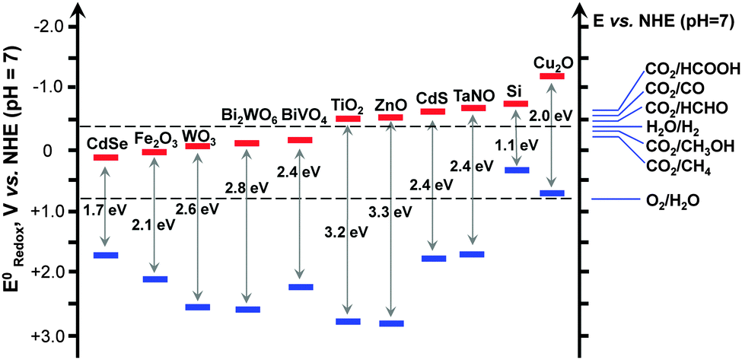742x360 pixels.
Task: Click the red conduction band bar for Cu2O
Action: (551, 76)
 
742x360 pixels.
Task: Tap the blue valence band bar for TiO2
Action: (347, 321)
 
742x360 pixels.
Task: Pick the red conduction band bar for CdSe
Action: (106, 158)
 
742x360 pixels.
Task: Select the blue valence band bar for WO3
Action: (198, 307)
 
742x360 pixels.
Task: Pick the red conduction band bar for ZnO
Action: (390, 117)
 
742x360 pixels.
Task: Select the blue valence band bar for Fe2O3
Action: (154, 279)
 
